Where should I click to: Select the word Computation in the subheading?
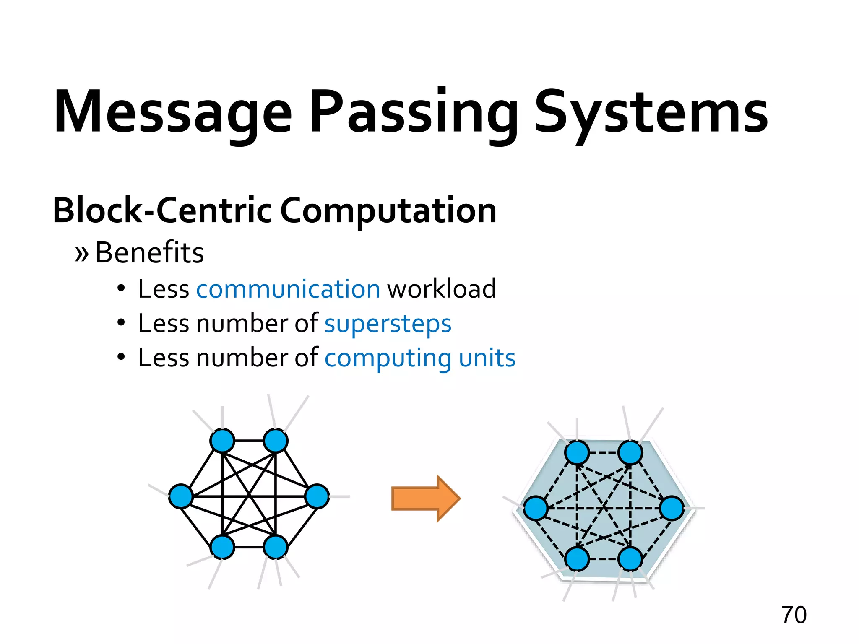388,211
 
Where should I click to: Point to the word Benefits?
149,253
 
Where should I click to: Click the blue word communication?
288,289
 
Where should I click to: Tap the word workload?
441,289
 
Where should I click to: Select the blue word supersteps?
388,324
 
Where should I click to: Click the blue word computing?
388,359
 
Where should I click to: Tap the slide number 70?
794,615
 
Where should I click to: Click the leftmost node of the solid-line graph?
181,496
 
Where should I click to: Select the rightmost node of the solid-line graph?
317,496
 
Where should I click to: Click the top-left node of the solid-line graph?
222,441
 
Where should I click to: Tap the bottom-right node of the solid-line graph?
276,547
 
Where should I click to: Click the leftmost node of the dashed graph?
536,508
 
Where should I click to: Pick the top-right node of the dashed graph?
630,452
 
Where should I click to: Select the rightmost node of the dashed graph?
672,508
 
